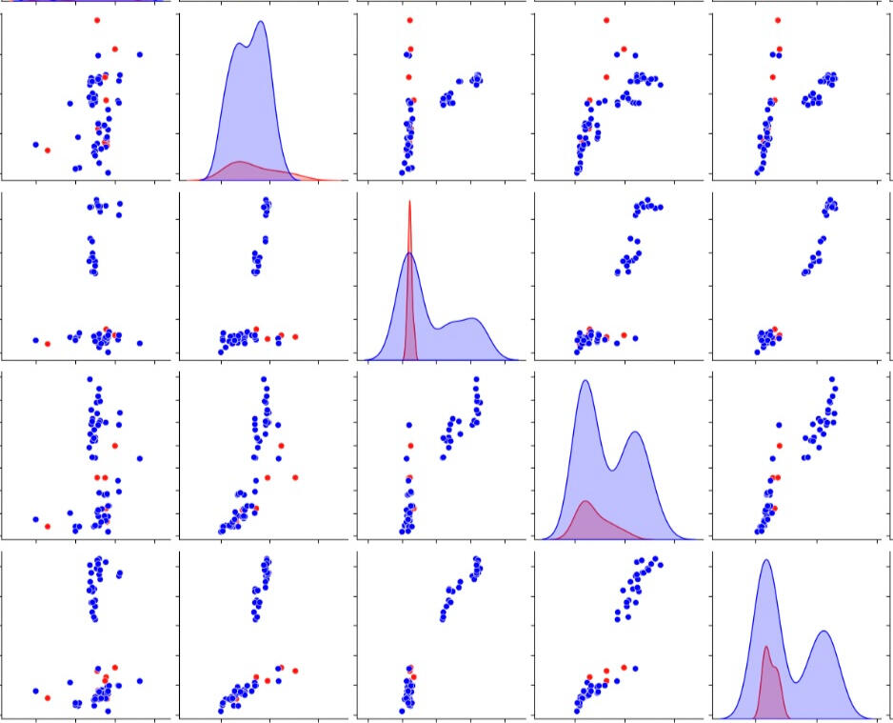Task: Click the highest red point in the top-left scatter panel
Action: click(x=97, y=20)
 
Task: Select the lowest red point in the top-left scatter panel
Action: click(x=48, y=151)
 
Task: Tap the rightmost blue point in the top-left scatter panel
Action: click(x=140, y=54)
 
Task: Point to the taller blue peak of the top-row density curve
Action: click(x=260, y=23)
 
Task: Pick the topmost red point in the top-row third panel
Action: click(x=409, y=20)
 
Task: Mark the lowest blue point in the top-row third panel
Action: click(x=402, y=172)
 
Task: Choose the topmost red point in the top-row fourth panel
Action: click(x=606, y=20)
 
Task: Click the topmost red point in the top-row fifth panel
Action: click(x=778, y=20)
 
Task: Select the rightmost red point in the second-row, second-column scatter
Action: click(x=295, y=336)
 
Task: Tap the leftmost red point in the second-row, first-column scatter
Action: click(x=48, y=343)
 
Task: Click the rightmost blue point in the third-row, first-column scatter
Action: click(x=140, y=458)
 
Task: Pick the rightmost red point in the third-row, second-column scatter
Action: click(x=295, y=477)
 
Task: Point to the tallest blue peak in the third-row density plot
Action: click(x=585, y=382)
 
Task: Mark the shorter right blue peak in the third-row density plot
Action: click(x=634, y=433)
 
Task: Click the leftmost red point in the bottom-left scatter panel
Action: click(x=48, y=697)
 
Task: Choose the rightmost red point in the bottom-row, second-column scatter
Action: click(x=295, y=671)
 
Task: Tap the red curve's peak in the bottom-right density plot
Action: click(x=766, y=648)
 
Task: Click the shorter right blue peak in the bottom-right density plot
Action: click(x=824, y=632)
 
